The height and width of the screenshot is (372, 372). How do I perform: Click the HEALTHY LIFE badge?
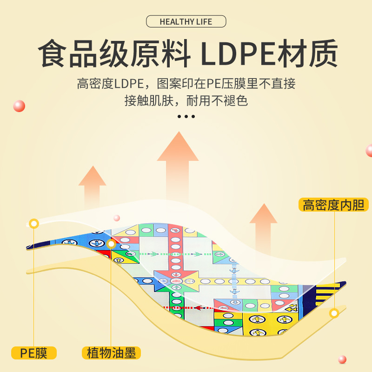pos(186,21)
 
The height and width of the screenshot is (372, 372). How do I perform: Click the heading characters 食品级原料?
pos(114,55)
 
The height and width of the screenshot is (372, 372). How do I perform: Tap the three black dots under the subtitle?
pos(186,116)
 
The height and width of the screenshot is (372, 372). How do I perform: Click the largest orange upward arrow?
pos(178,163)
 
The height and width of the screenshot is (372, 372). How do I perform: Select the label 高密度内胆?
pos(334,205)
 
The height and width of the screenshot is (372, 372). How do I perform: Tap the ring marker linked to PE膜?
pos(34,224)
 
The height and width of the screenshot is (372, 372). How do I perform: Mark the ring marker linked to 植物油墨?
pos(111,244)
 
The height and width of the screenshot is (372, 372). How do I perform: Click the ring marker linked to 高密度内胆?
pos(334,313)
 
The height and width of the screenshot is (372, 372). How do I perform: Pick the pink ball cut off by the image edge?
pos(369,150)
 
